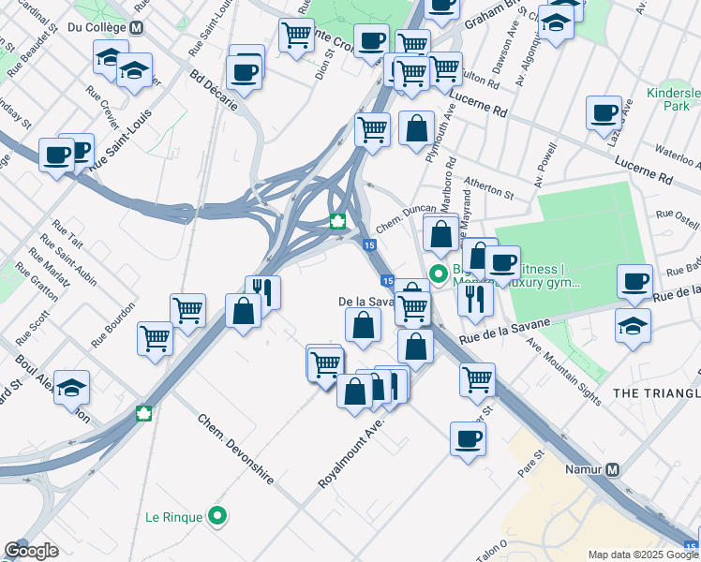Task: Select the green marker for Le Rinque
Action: (x=218, y=515)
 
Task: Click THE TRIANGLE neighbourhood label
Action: (x=656, y=393)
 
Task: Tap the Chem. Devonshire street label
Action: (x=235, y=449)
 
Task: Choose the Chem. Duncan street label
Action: (x=405, y=219)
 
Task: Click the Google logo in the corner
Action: (x=31, y=551)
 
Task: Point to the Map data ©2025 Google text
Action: (x=643, y=555)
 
